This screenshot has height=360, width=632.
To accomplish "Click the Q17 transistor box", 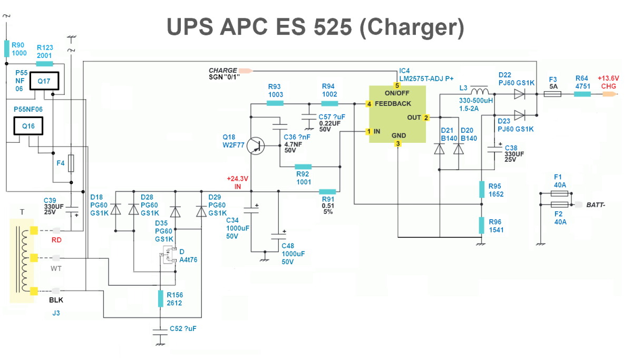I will [x=43, y=81].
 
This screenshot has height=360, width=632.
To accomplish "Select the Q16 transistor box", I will [x=28, y=127].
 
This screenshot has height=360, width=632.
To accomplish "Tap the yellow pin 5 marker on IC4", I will [x=397, y=85].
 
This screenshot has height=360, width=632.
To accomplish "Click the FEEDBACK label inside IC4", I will [x=393, y=104].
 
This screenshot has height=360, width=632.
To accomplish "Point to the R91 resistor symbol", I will [x=328, y=191].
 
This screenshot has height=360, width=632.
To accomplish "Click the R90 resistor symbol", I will [x=7, y=48].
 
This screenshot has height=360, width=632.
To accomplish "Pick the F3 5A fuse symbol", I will [x=552, y=94].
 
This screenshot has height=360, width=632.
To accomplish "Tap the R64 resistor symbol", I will [x=582, y=94].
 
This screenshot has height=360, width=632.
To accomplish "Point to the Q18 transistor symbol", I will [x=257, y=145].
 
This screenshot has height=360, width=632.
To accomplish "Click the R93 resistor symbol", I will [x=275, y=103].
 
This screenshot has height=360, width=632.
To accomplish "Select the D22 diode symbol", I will [x=520, y=94].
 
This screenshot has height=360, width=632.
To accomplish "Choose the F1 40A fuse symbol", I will [x=559, y=194].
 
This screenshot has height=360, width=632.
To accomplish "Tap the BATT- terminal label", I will [x=596, y=205].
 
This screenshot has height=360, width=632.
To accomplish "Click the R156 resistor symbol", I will [x=160, y=298].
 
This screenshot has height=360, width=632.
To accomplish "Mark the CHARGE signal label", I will [x=223, y=70].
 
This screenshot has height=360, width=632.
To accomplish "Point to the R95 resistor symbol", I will [x=481, y=190].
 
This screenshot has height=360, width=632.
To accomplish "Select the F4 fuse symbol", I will [x=71, y=163].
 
